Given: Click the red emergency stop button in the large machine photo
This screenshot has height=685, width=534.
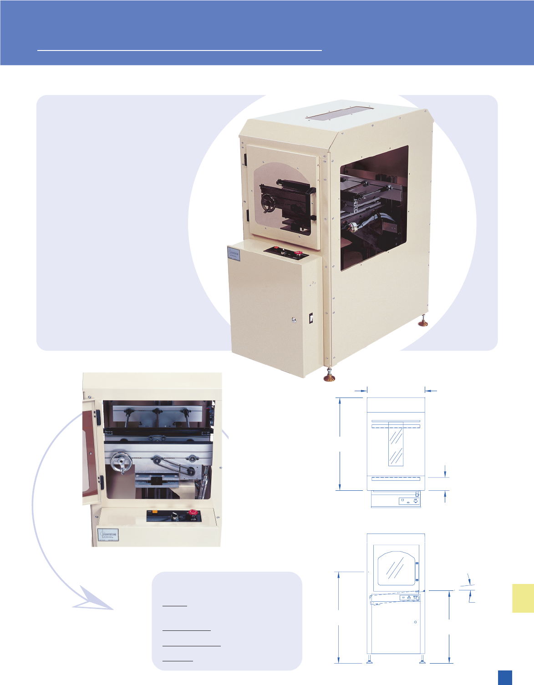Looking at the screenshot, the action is (299, 253).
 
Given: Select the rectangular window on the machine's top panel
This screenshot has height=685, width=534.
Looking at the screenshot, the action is (340, 113).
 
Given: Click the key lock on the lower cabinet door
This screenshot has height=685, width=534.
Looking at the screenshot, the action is (294, 320).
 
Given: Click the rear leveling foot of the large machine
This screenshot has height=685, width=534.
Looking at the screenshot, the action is (424, 322).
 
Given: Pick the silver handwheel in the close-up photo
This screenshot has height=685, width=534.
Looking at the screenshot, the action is (121, 463).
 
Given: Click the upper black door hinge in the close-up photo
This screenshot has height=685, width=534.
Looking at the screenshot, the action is (98, 415).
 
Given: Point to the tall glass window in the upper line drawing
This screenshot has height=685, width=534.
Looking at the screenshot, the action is (396, 443).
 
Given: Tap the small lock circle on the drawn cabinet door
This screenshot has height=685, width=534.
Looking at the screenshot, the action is (415, 622).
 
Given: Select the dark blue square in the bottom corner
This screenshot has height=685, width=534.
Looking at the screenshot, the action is (504, 677).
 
